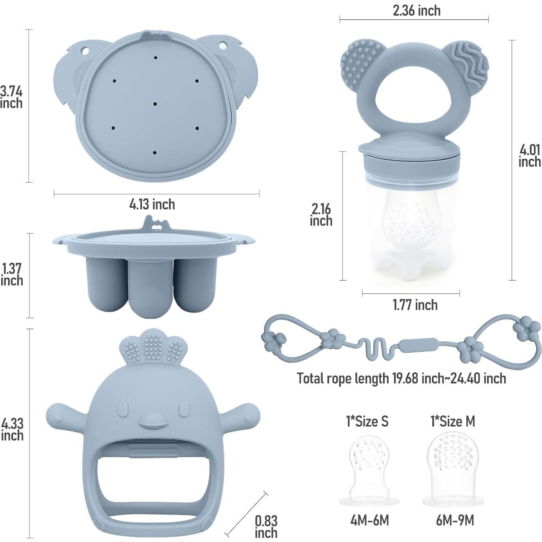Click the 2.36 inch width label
417,11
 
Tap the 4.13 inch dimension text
152,204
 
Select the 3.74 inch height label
11,97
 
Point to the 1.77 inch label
415,305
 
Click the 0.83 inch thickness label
266,527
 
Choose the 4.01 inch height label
530,156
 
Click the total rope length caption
401,378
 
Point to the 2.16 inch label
321,215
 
